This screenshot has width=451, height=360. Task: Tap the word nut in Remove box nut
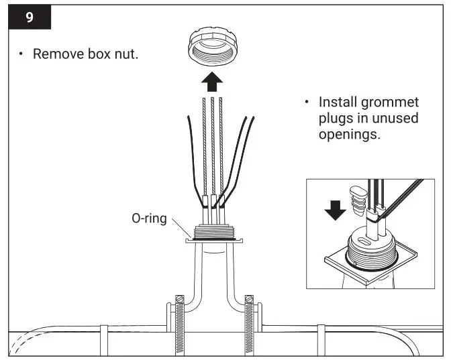(x=126, y=54)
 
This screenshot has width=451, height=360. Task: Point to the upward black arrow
(x=213, y=83)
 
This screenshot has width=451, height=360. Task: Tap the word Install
(x=340, y=103)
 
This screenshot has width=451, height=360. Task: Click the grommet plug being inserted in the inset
(x=359, y=200)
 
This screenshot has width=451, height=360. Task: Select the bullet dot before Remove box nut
(x=22, y=54)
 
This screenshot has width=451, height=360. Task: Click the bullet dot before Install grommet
(x=307, y=103)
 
